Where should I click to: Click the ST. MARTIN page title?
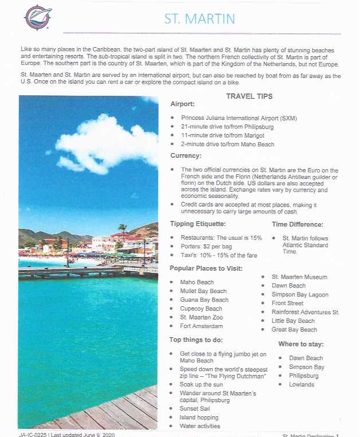coord(199,18)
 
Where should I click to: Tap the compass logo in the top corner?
coord(38,17)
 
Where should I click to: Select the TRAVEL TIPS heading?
coord(249,96)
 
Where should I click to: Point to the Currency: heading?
coord(186,155)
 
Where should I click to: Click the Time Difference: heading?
coord(298,224)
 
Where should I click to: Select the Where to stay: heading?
coord(301,344)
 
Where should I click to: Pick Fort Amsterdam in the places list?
coord(201,326)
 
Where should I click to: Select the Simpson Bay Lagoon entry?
coord(300,294)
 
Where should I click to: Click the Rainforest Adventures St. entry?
coord(306,312)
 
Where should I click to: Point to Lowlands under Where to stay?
coord(302,384)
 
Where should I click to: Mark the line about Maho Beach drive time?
coord(228,145)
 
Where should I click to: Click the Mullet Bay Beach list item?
coord(203,291)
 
